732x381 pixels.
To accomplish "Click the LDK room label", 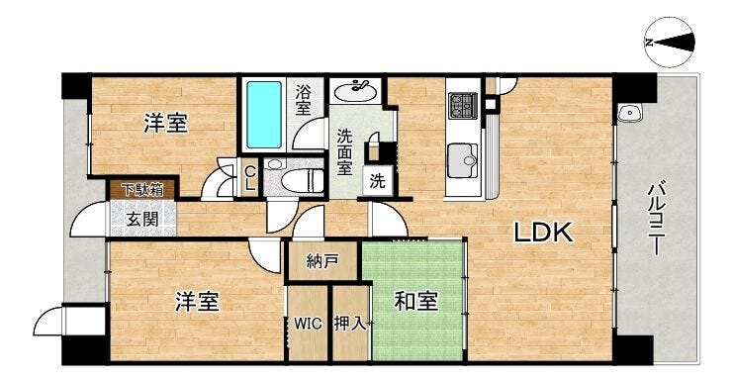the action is coord(543,232).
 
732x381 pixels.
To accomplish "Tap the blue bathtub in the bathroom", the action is coord(264,115).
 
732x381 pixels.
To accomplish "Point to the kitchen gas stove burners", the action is coord(463,106).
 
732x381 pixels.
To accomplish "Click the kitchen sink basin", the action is coord(462,161).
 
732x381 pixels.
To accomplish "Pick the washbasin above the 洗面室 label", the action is coord(354,91).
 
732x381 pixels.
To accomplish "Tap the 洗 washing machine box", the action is coord(377,181).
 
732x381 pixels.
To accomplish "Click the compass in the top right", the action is coord(670,43).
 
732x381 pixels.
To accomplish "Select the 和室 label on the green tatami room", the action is coord(415,301).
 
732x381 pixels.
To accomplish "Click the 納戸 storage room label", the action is coord(322,261).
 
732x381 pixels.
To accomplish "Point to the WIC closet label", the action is coord(308,323).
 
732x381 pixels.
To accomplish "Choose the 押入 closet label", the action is coord(350,323).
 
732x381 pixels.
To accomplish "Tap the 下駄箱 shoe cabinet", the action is coord(142,190).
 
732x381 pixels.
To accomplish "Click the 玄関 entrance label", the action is coord(142,219).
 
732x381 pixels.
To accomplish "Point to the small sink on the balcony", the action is coord(630,113).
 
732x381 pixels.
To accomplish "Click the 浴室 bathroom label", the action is coord(303,100).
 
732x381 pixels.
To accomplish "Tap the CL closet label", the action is coord(249,178).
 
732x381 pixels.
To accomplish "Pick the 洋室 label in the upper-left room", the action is coord(165,124).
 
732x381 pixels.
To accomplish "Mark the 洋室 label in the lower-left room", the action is coord(197,301).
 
